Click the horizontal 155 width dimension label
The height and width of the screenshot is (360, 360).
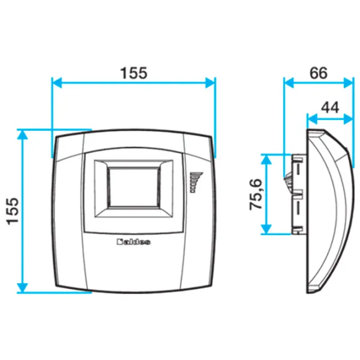(x=133, y=73)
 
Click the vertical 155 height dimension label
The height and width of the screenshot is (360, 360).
(x=13, y=211)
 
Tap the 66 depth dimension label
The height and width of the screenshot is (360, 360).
(x=318, y=73)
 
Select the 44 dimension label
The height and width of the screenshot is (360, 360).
(x=330, y=107)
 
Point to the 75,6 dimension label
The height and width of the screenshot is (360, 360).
(x=256, y=194)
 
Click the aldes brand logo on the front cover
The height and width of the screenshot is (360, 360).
(x=134, y=242)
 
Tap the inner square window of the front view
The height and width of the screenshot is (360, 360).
(x=133, y=188)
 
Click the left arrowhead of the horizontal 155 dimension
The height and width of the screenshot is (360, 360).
(x=57, y=83)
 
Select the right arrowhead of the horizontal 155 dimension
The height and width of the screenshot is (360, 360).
(x=211, y=83)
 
